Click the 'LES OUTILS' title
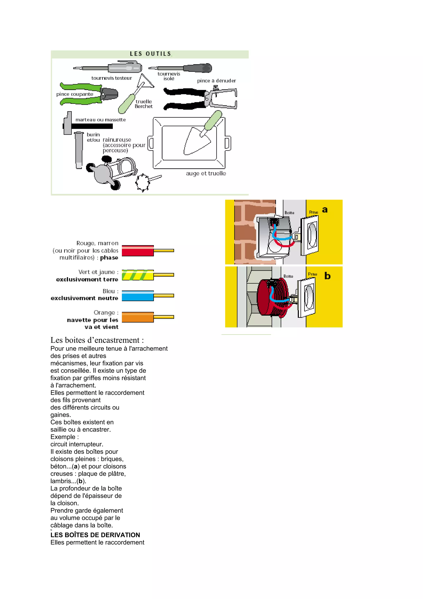coord(151,54)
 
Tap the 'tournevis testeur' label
coord(112,78)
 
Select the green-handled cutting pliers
coord(89,94)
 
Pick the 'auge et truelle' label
coord(206,173)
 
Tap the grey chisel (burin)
coord(78,150)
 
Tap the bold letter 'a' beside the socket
coord(325,210)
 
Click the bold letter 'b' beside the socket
coord(327,276)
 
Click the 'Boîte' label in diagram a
coord(289,213)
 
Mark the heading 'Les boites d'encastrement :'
coord(97,340)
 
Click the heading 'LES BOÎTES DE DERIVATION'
coord(95,535)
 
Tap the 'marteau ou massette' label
coord(101,120)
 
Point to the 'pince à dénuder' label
coord(216,81)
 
